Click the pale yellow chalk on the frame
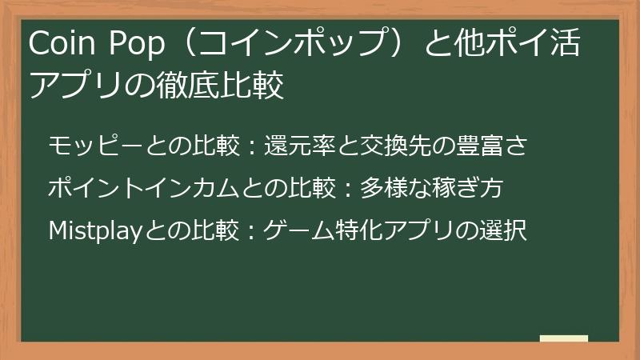(564, 338)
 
